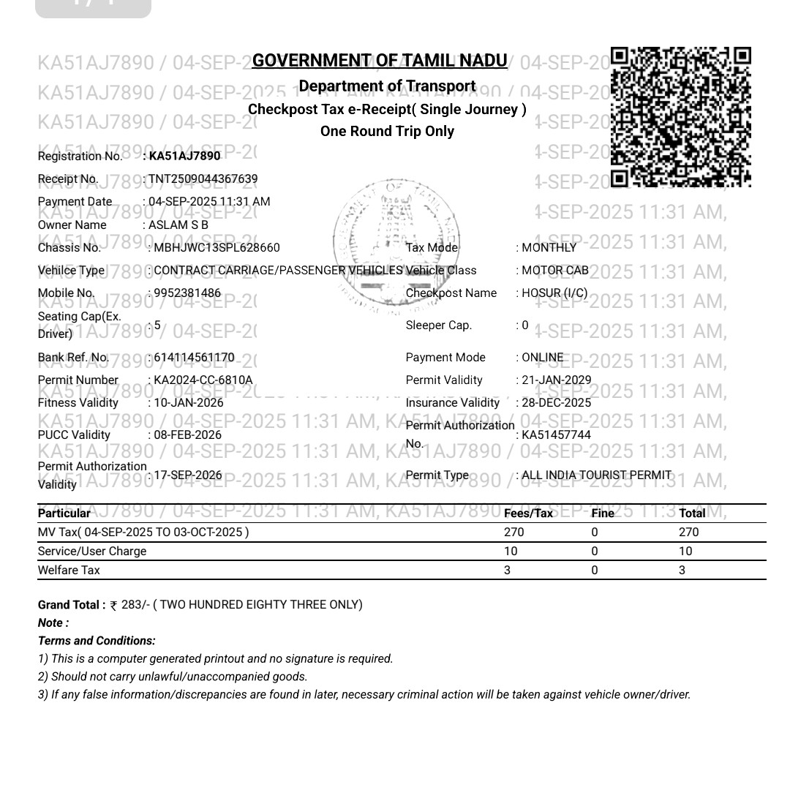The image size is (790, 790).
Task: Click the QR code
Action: click(x=680, y=117)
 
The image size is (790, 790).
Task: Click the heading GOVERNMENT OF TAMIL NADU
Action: click(x=380, y=61)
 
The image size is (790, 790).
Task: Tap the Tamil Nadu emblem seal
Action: click(x=399, y=241)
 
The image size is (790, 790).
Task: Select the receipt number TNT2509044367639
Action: click(x=203, y=179)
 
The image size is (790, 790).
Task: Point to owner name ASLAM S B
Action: click(x=178, y=225)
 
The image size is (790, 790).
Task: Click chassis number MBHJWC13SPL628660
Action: click(x=217, y=248)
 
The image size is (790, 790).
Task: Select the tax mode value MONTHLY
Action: click(x=549, y=248)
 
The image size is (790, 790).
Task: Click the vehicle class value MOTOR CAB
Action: click(x=555, y=271)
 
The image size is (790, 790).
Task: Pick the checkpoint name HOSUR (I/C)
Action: click(x=554, y=293)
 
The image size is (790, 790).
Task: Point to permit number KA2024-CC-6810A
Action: click(x=203, y=380)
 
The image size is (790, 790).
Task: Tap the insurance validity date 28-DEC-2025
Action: click(x=557, y=403)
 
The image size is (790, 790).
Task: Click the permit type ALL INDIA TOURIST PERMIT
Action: click(x=597, y=475)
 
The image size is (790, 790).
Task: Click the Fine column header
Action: click(x=603, y=513)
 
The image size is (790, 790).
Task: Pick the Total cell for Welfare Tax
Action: click(x=682, y=571)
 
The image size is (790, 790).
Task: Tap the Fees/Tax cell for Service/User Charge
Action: click(x=511, y=552)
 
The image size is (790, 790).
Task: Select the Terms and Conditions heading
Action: click(x=97, y=641)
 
